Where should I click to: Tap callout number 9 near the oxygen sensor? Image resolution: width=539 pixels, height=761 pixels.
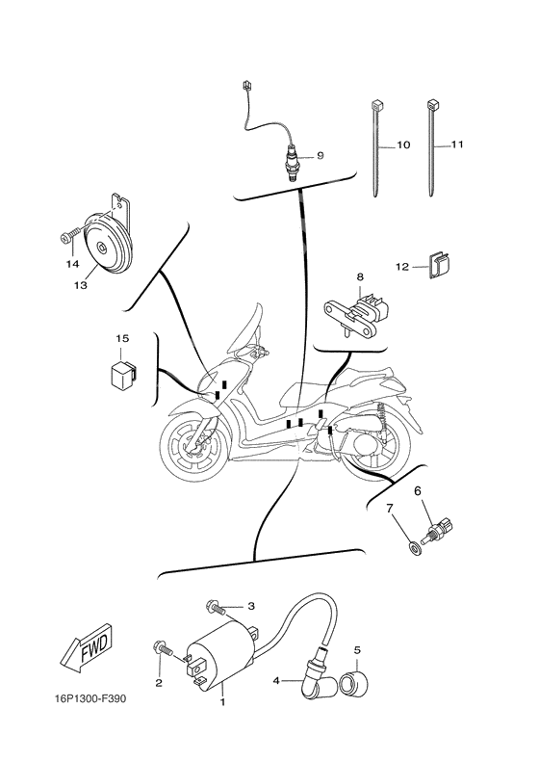coord(320,155)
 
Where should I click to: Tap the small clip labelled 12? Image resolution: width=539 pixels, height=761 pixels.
coord(440,265)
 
